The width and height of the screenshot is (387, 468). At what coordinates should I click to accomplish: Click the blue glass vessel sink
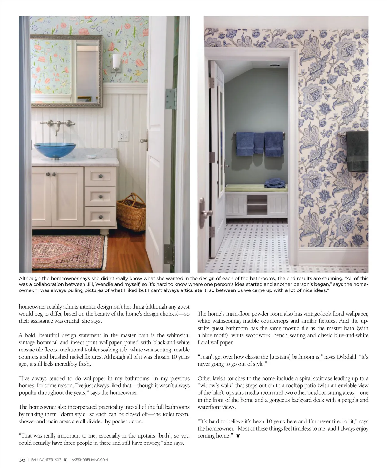(55, 150)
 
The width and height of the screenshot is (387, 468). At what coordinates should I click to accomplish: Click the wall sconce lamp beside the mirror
(116, 63)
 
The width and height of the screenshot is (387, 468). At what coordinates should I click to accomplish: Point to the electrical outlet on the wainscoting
(123, 136)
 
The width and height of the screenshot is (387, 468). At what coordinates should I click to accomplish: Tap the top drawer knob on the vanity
(100, 176)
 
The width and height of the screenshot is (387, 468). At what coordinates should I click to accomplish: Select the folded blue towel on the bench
(275, 184)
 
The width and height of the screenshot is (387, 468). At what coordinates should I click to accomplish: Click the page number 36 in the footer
(22, 460)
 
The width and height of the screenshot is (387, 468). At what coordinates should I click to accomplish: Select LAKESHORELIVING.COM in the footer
(89, 460)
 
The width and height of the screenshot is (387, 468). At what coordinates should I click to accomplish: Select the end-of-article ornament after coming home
(238, 436)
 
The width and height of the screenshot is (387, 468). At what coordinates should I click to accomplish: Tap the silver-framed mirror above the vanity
(66, 71)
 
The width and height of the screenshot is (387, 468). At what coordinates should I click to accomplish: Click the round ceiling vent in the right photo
(274, 66)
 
